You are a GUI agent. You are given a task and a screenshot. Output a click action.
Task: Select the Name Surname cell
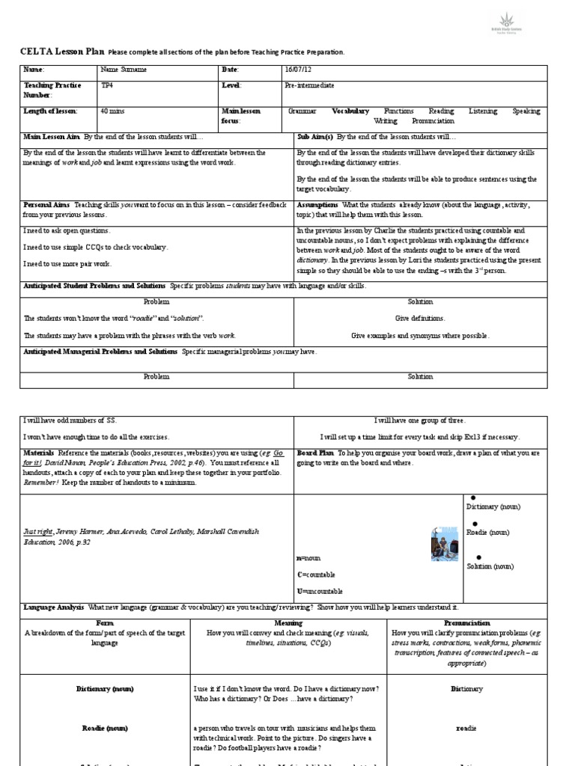click(x=124, y=70)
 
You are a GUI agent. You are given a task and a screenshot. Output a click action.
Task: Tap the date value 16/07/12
click(x=296, y=70)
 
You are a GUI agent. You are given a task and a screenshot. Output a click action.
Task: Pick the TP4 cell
click(x=108, y=86)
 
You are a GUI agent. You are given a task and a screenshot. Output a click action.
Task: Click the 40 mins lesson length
click(x=112, y=111)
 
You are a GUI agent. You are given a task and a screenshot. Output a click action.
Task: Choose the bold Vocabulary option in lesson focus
click(x=350, y=111)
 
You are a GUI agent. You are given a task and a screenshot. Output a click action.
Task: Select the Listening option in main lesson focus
click(x=482, y=111)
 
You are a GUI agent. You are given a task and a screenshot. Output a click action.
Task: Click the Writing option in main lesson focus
click(x=386, y=120)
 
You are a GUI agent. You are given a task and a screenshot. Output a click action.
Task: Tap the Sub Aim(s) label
click(x=314, y=138)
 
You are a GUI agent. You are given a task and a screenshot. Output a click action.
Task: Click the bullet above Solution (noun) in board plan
click(x=478, y=557)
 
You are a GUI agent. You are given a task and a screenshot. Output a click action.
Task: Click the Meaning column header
click(x=288, y=622)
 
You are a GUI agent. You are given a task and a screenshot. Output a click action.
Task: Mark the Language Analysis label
click(x=53, y=607)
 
